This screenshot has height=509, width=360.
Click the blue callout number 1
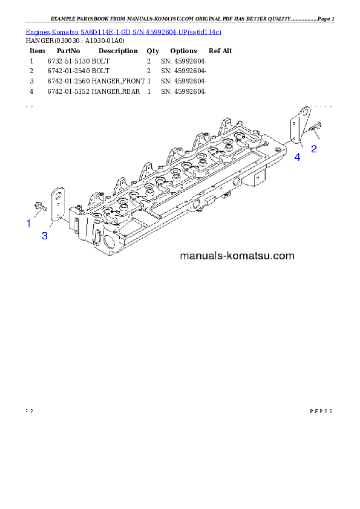(28, 224)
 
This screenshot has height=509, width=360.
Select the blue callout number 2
(314, 149)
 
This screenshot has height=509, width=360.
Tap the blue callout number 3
(45, 236)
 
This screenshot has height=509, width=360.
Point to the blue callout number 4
(297, 158)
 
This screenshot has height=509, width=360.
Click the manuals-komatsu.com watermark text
(237, 256)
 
